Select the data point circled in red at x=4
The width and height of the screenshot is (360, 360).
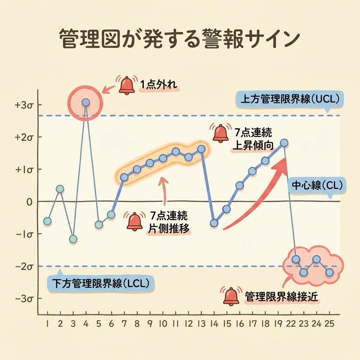coord(85,103)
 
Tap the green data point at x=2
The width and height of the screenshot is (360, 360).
coord(60,189)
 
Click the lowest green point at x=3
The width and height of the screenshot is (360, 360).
coord(73,239)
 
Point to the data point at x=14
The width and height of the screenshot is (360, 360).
coord(214,223)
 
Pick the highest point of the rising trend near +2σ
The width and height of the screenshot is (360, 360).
coord(284,143)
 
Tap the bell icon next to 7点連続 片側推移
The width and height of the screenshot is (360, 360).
coord(135,221)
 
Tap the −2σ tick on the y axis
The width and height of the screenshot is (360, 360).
coord(24,266)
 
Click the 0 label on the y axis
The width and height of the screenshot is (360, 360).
coord(29,201)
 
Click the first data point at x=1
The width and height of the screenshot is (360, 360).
coord(47,221)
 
